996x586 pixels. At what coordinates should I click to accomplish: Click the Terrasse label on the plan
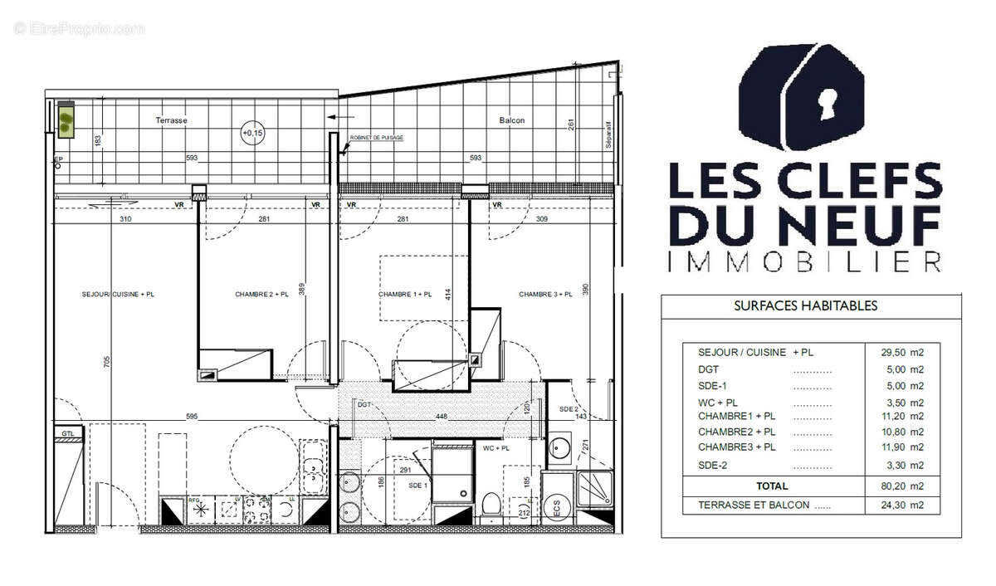tap(171, 120)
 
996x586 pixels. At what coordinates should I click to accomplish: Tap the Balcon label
tap(511, 120)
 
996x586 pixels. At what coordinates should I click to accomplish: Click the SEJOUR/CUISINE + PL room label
tap(118, 295)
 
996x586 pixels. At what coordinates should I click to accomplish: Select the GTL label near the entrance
tap(67, 434)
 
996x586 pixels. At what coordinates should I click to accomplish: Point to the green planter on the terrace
tap(64, 120)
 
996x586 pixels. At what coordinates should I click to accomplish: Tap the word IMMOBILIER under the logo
tap(804, 262)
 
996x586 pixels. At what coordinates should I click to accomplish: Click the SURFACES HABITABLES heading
tap(805, 305)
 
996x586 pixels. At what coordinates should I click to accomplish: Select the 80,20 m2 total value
tap(904, 486)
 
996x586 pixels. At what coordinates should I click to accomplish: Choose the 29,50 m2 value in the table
tap(904, 352)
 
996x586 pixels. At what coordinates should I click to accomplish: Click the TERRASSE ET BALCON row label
tap(753, 505)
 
